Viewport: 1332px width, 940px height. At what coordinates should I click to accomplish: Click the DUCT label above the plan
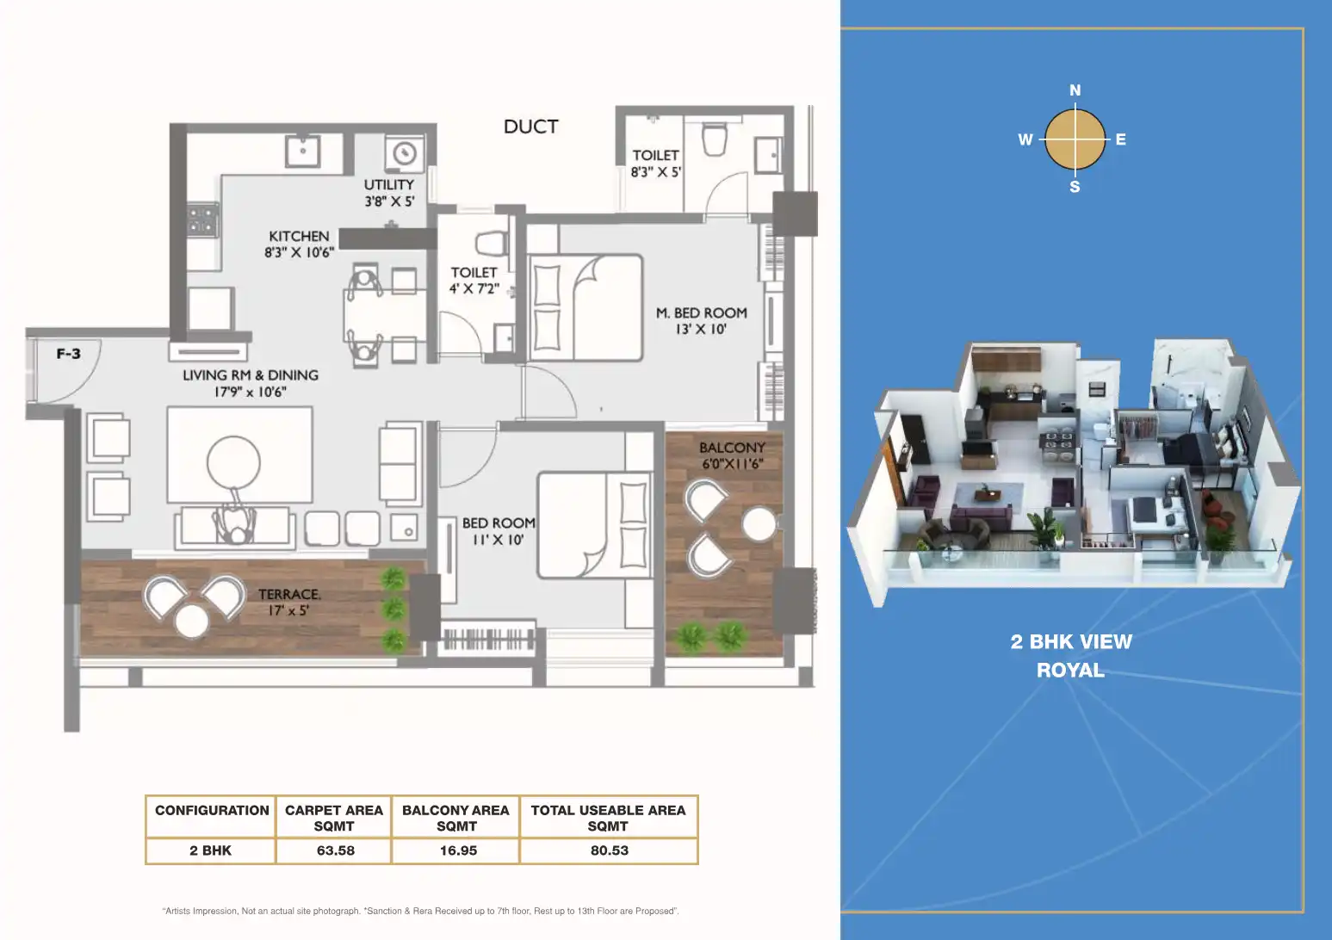pos(530,127)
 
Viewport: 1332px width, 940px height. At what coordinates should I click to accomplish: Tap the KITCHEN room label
pos(299,236)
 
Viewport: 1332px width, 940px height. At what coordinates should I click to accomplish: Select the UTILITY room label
pos(389,184)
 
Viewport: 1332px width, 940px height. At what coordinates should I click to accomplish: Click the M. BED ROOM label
pos(701,312)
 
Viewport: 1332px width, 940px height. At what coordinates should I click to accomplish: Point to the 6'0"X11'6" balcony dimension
pos(732,464)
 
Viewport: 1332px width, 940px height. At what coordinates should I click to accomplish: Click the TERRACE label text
pos(289,594)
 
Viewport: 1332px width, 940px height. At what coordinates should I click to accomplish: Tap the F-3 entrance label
pos(68,354)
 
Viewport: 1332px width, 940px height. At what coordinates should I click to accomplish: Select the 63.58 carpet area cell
pos(336,850)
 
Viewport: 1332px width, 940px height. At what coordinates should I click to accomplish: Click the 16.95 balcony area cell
pos(458,850)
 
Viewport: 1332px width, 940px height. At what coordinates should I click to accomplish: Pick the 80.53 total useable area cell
pos(609,850)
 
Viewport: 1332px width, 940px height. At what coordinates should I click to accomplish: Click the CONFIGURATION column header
pos(212,810)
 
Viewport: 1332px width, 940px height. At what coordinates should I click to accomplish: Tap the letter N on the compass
pos(1075,90)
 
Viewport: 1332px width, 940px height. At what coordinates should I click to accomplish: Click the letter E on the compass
pos(1120,139)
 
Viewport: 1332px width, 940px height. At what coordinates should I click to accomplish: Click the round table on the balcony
pos(759,524)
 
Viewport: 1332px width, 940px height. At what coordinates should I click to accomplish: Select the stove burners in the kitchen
pos(202,220)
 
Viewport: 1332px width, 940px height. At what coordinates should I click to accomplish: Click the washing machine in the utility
pos(405,153)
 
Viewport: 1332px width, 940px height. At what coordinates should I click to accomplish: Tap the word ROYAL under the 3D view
pos(1070,670)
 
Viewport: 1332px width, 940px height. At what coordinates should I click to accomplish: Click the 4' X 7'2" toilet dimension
pos(474,289)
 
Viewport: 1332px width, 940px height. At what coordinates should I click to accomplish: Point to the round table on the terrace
pos(191,622)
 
